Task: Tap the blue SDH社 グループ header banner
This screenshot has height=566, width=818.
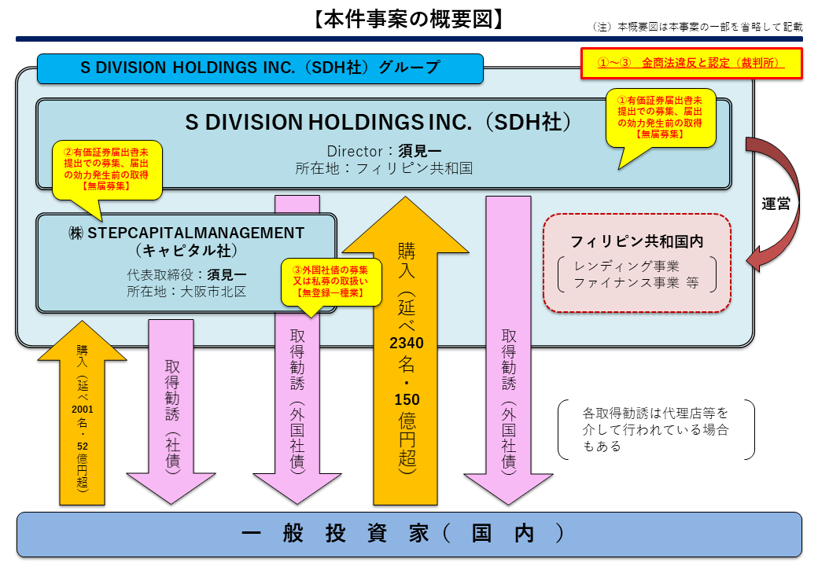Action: tap(260, 68)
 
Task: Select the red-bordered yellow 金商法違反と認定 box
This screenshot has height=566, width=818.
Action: tap(691, 63)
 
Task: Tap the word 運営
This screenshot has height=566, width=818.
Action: tap(776, 203)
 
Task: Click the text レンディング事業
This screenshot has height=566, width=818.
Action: tap(627, 266)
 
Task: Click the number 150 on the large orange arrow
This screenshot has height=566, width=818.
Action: tap(406, 399)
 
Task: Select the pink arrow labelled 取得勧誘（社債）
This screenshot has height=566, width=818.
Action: tap(171, 409)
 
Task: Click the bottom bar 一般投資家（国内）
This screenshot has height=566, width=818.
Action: tap(409, 534)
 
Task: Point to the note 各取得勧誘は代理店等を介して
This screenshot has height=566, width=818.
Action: tap(655, 428)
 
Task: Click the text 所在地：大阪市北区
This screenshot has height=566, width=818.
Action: tap(186, 292)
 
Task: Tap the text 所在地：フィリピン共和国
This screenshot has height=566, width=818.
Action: tap(384, 168)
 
